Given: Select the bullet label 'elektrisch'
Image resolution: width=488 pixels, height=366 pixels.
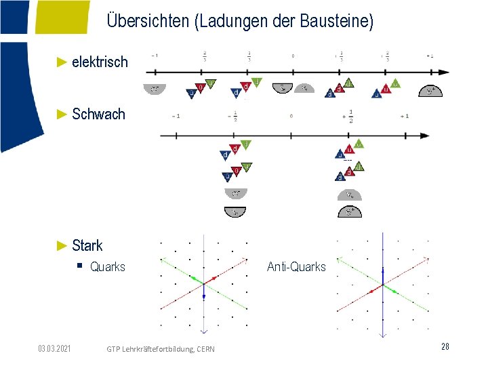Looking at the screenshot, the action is (x=99, y=62).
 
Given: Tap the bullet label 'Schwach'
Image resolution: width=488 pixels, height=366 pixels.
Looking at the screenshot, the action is (x=98, y=114).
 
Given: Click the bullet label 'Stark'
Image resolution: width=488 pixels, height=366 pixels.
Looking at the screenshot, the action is (x=87, y=245).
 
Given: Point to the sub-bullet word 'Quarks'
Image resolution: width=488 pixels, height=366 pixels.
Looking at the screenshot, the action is (x=108, y=267).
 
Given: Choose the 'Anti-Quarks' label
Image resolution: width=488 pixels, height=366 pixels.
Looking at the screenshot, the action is (x=296, y=267).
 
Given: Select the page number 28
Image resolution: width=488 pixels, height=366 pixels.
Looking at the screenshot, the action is (x=445, y=346).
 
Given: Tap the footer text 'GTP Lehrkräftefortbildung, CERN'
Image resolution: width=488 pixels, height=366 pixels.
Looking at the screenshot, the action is (x=161, y=348).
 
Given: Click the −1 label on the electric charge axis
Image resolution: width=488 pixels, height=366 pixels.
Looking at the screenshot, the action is (x=155, y=56).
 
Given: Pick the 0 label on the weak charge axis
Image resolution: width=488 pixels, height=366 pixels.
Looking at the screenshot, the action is (x=291, y=116).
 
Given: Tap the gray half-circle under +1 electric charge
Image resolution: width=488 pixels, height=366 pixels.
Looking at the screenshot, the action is (x=430, y=91).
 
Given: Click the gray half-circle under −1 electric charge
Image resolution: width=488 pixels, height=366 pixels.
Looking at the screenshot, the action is (x=155, y=89).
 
